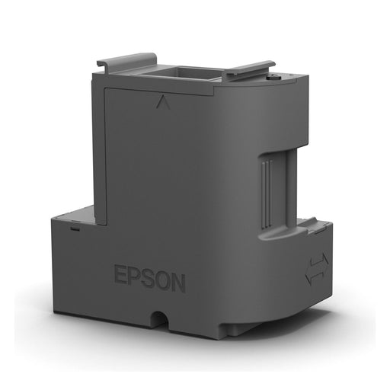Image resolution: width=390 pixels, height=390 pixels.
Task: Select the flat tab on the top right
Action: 248,70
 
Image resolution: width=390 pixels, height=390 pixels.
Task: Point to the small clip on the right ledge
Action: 308,223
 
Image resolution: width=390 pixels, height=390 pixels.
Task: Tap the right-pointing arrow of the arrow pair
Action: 322,258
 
